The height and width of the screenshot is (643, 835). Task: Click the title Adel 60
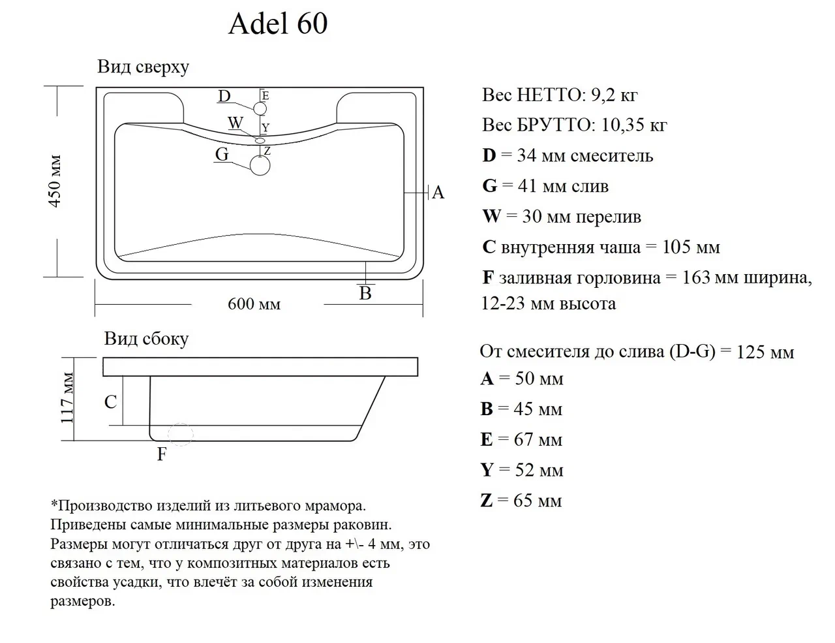tap(278, 24)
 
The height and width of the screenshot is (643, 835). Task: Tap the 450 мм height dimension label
tap(55, 181)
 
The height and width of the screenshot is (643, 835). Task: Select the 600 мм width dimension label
tap(254, 304)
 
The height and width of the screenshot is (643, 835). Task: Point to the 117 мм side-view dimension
tap(68, 398)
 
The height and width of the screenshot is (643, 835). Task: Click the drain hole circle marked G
tap(260, 165)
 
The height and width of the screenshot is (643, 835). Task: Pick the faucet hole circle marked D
tap(260, 108)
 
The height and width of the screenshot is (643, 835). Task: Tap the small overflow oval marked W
tap(260, 140)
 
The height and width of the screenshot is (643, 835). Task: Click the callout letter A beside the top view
tap(438, 193)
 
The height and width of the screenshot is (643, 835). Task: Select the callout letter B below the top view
tap(365, 294)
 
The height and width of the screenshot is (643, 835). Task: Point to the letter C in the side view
tap(111, 401)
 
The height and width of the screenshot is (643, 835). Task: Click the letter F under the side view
tap(162, 454)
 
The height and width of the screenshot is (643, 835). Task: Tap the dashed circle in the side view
tap(181, 434)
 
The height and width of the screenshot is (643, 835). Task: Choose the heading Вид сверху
tap(143, 67)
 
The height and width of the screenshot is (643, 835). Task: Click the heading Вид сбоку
tap(146, 339)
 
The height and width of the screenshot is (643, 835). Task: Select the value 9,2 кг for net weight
tap(614, 95)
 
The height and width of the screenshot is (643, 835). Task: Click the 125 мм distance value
tap(765, 353)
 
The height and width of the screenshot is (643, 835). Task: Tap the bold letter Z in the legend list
tap(487, 501)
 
